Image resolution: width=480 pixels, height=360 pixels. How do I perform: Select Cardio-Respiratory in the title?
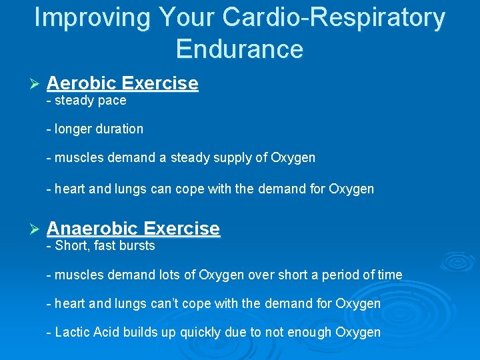pos(333,18)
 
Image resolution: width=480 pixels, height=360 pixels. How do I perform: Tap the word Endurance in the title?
pos(240,49)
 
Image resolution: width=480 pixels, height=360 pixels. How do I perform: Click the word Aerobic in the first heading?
pos(82,83)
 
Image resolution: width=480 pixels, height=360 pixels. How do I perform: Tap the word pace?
pos(111,101)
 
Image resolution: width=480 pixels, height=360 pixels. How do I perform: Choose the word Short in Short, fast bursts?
pos(72,246)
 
